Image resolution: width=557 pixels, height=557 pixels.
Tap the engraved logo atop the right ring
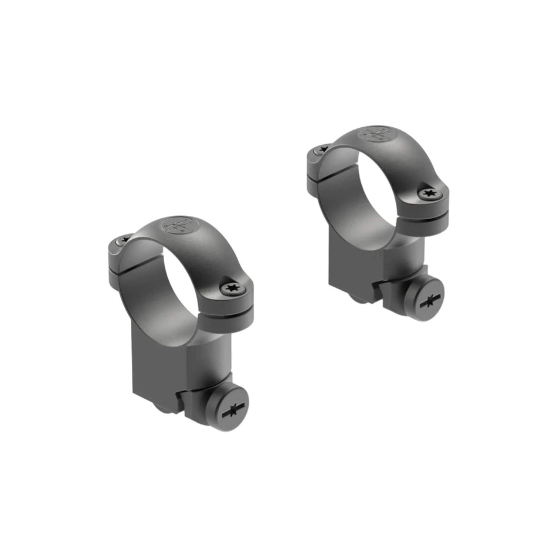tap(376, 133)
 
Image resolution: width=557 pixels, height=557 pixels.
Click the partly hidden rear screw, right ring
tap(320, 150)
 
